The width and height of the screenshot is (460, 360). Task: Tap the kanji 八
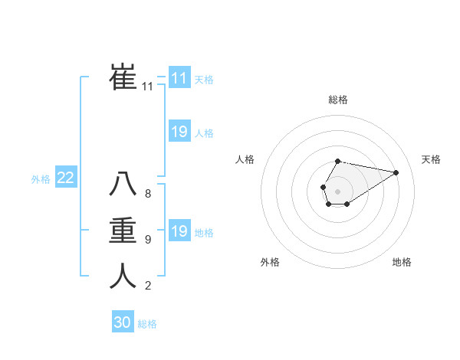[x=123, y=184]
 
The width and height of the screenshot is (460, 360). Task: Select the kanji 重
[x=123, y=230]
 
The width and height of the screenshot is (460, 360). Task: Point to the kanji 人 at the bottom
[x=123, y=276]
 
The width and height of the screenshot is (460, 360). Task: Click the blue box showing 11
[x=179, y=78]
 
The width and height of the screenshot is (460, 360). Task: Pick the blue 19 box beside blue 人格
[x=179, y=132]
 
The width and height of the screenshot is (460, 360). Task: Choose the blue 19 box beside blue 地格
[x=179, y=231]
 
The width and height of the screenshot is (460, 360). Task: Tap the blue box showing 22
[x=65, y=178]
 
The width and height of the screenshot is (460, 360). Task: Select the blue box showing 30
[x=123, y=322]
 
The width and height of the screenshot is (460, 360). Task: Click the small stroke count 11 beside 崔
[x=147, y=87]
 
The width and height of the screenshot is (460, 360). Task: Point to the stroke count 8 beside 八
[x=147, y=194]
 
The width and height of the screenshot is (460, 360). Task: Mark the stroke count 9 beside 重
[x=147, y=240]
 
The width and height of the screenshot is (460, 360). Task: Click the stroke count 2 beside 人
[x=147, y=286]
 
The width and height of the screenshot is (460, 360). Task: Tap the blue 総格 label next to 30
[x=147, y=324]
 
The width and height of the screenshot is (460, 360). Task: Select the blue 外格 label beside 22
[x=41, y=179]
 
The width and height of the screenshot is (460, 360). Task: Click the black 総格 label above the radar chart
[x=338, y=100]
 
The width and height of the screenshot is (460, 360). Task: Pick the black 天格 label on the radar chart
[x=431, y=159]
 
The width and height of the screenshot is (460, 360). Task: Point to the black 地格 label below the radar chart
[x=402, y=262]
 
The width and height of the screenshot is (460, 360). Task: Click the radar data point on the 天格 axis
[x=396, y=172]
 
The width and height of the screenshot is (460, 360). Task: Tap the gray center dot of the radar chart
[x=337, y=190]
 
